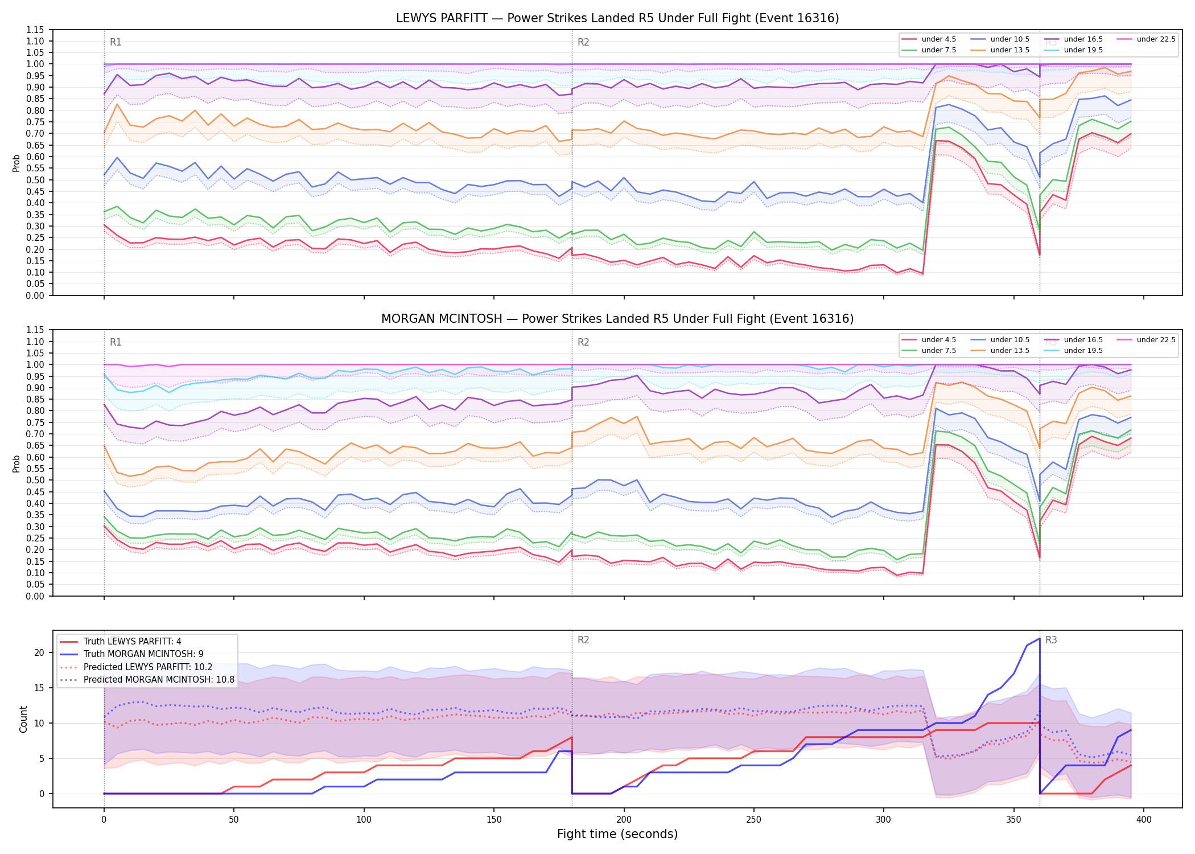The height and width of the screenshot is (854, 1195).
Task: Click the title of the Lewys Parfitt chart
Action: (x=617, y=18)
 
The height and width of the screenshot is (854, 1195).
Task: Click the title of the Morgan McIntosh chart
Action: (x=617, y=319)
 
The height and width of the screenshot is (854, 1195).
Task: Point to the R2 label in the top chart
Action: (x=583, y=42)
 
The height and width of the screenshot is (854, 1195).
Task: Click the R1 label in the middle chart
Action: (x=116, y=342)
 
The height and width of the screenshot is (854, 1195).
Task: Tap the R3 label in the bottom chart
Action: (x=1051, y=640)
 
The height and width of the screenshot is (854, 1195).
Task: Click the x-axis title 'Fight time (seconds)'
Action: (x=617, y=834)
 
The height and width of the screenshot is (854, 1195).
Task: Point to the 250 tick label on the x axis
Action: (x=754, y=820)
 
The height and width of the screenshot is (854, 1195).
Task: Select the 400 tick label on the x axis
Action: (x=1144, y=820)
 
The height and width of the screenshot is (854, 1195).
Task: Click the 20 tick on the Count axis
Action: (x=39, y=652)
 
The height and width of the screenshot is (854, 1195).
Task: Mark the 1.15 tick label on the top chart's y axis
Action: (x=35, y=30)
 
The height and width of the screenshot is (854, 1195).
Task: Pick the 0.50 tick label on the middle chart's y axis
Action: (x=35, y=480)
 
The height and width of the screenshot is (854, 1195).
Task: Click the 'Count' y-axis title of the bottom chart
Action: (x=23, y=719)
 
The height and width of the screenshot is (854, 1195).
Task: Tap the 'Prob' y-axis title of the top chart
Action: (x=17, y=163)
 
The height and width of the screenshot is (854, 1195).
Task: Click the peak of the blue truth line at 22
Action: (x=1040, y=638)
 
